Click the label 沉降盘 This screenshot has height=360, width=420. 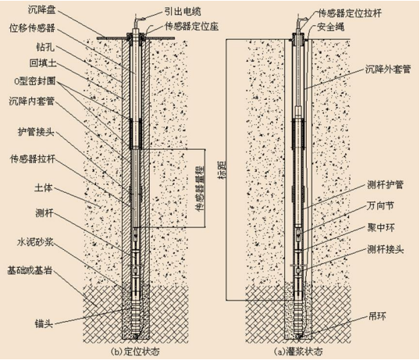[42, 10]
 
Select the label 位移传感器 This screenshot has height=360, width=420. [32, 27]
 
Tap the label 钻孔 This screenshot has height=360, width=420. [45, 47]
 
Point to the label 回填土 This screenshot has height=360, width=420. [43, 63]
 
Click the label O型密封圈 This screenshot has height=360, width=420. [34, 81]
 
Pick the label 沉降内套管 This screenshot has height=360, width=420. [31, 102]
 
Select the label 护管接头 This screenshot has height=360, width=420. [36, 132]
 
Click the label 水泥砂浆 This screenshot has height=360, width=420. [36, 242]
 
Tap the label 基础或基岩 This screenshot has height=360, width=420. [30, 270]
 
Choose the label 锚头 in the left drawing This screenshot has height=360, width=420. [44, 323]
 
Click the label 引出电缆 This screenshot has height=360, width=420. [183, 12]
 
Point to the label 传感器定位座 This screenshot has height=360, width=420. [191, 27]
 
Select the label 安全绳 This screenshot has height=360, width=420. [330, 27]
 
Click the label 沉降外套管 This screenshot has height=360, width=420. [388, 69]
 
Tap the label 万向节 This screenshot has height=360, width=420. [380, 206]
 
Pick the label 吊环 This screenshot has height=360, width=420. [377, 316]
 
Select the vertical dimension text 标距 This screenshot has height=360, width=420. [222, 169]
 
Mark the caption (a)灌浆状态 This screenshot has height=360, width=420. [299, 351]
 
